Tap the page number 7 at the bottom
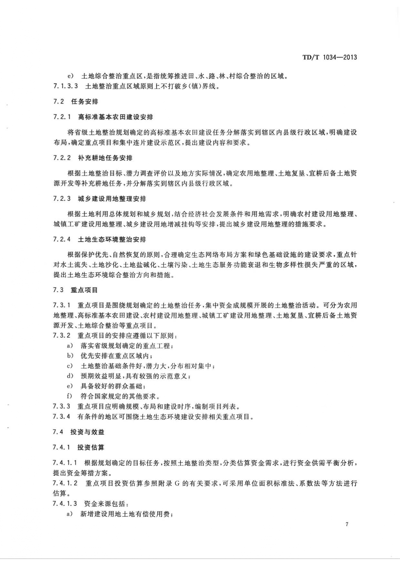[x=347, y=524]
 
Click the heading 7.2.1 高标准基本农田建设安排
[x=103, y=117]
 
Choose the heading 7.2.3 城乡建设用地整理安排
[x=100, y=199]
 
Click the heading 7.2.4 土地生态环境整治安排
[x=100, y=240]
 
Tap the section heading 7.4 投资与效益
[x=79, y=432]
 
